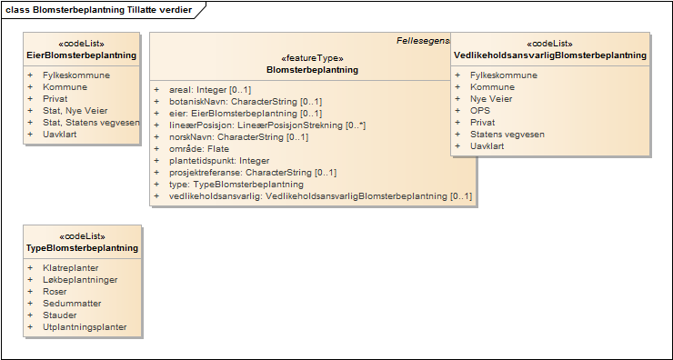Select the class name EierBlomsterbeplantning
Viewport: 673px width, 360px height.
82,55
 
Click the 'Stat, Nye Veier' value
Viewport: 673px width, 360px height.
75,110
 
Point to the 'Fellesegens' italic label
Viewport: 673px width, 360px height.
423,41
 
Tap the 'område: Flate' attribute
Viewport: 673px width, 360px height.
198,148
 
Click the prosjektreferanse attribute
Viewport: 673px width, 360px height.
253,172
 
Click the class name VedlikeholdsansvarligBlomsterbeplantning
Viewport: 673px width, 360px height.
550,55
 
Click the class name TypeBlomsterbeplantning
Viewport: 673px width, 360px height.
82,247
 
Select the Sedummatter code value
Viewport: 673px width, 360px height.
72,304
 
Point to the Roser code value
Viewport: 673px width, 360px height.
55,292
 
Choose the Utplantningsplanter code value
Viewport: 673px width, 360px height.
85,327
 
